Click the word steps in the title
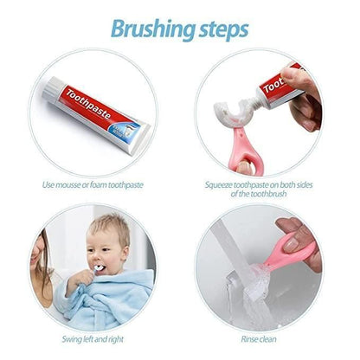coord(221,29)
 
